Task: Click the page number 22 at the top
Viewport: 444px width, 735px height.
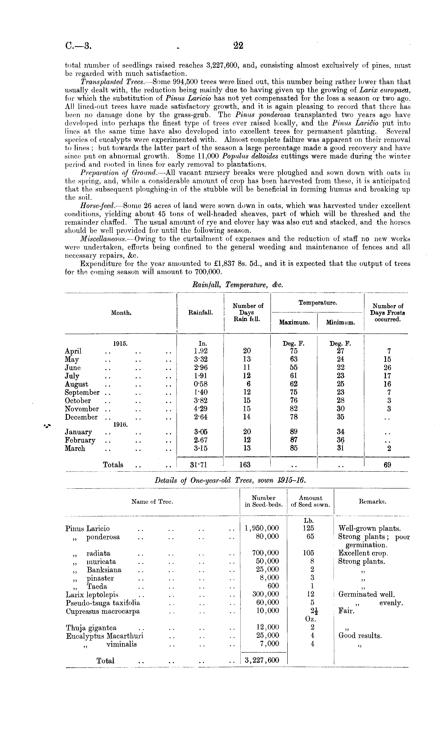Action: pyautogui.click(x=238, y=45)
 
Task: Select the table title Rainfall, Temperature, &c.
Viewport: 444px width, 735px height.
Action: pyautogui.click(x=237, y=285)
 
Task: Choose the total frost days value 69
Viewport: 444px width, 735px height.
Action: pyautogui.click(x=387, y=465)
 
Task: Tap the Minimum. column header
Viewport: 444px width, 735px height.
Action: pyautogui.click(x=340, y=322)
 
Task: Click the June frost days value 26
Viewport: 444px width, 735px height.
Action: pyautogui.click(x=387, y=367)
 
